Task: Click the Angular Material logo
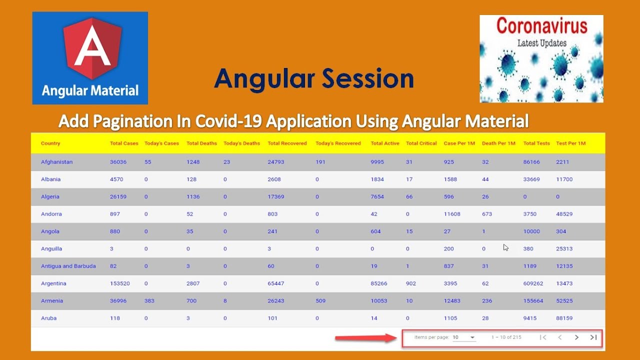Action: (90, 58)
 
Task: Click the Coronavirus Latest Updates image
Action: (541, 58)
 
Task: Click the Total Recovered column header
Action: (287, 143)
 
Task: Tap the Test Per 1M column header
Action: (570, 143)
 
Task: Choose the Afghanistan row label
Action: (56, 162)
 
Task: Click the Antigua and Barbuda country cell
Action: (68, 266)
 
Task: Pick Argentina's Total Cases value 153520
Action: (119, 283)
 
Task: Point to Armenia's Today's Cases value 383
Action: (149, 301)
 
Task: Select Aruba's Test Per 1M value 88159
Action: (564, 318)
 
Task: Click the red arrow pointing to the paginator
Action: (365, 338)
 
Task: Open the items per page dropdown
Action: (463, 337)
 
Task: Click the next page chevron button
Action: (576, 337)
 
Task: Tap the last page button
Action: (593, 337)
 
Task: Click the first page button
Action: (543, 337)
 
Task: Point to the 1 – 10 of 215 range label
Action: (506, 337)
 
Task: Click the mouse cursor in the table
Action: (505, 247)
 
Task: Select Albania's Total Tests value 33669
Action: (531, 179)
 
